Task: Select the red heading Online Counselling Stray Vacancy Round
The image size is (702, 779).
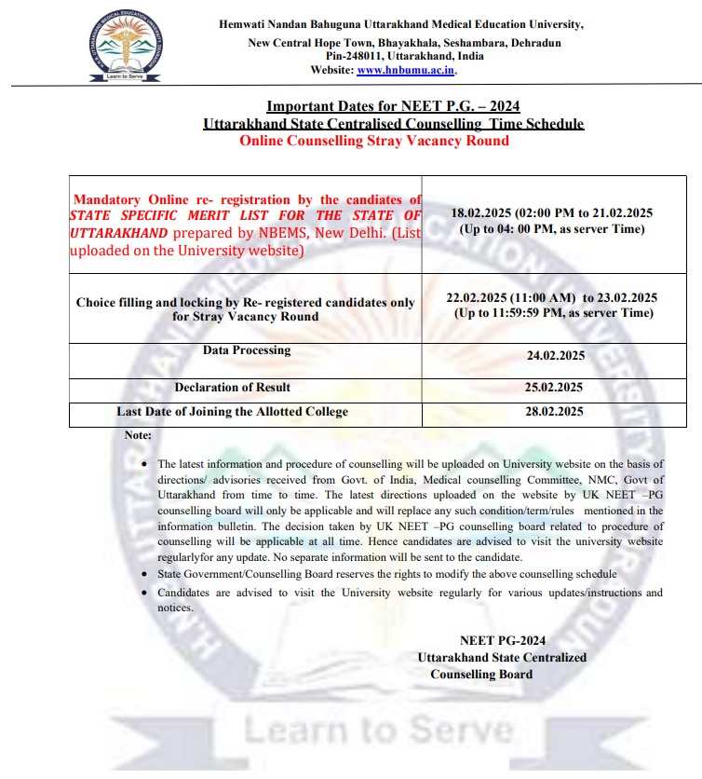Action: click(x=374, y=141)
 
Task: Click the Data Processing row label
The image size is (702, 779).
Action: click(x=247, y=350)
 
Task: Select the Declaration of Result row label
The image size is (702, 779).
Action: click(x=233, y=387)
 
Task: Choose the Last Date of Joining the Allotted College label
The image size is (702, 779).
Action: click(x=232, y=411)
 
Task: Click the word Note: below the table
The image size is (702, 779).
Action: click(x=138, y=435)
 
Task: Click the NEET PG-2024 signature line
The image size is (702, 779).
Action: click(x=503, y=640)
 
